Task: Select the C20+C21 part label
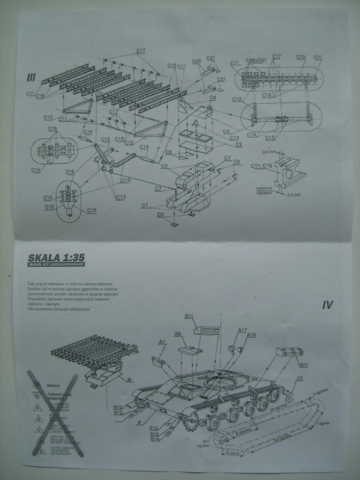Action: [x=254, y=61]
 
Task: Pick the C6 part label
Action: [x=161, y=214]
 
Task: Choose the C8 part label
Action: [x=236, y=161]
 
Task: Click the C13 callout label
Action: [x=234, y=137]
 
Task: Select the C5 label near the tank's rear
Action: [x=299, y=378]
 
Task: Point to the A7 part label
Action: [x=162, y=342]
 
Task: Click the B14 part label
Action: [x=155, y=439]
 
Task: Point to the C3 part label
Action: [x=165, y=166]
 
